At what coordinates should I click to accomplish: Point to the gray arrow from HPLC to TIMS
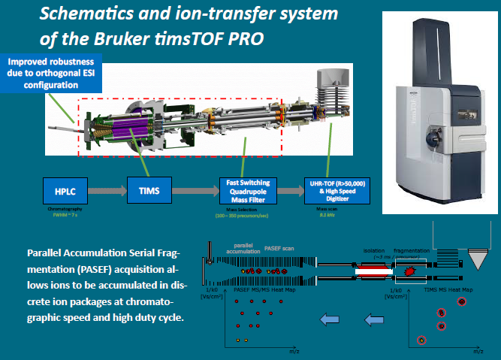pos(101,188)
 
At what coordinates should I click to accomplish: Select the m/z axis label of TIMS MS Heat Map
pos(478,349)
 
